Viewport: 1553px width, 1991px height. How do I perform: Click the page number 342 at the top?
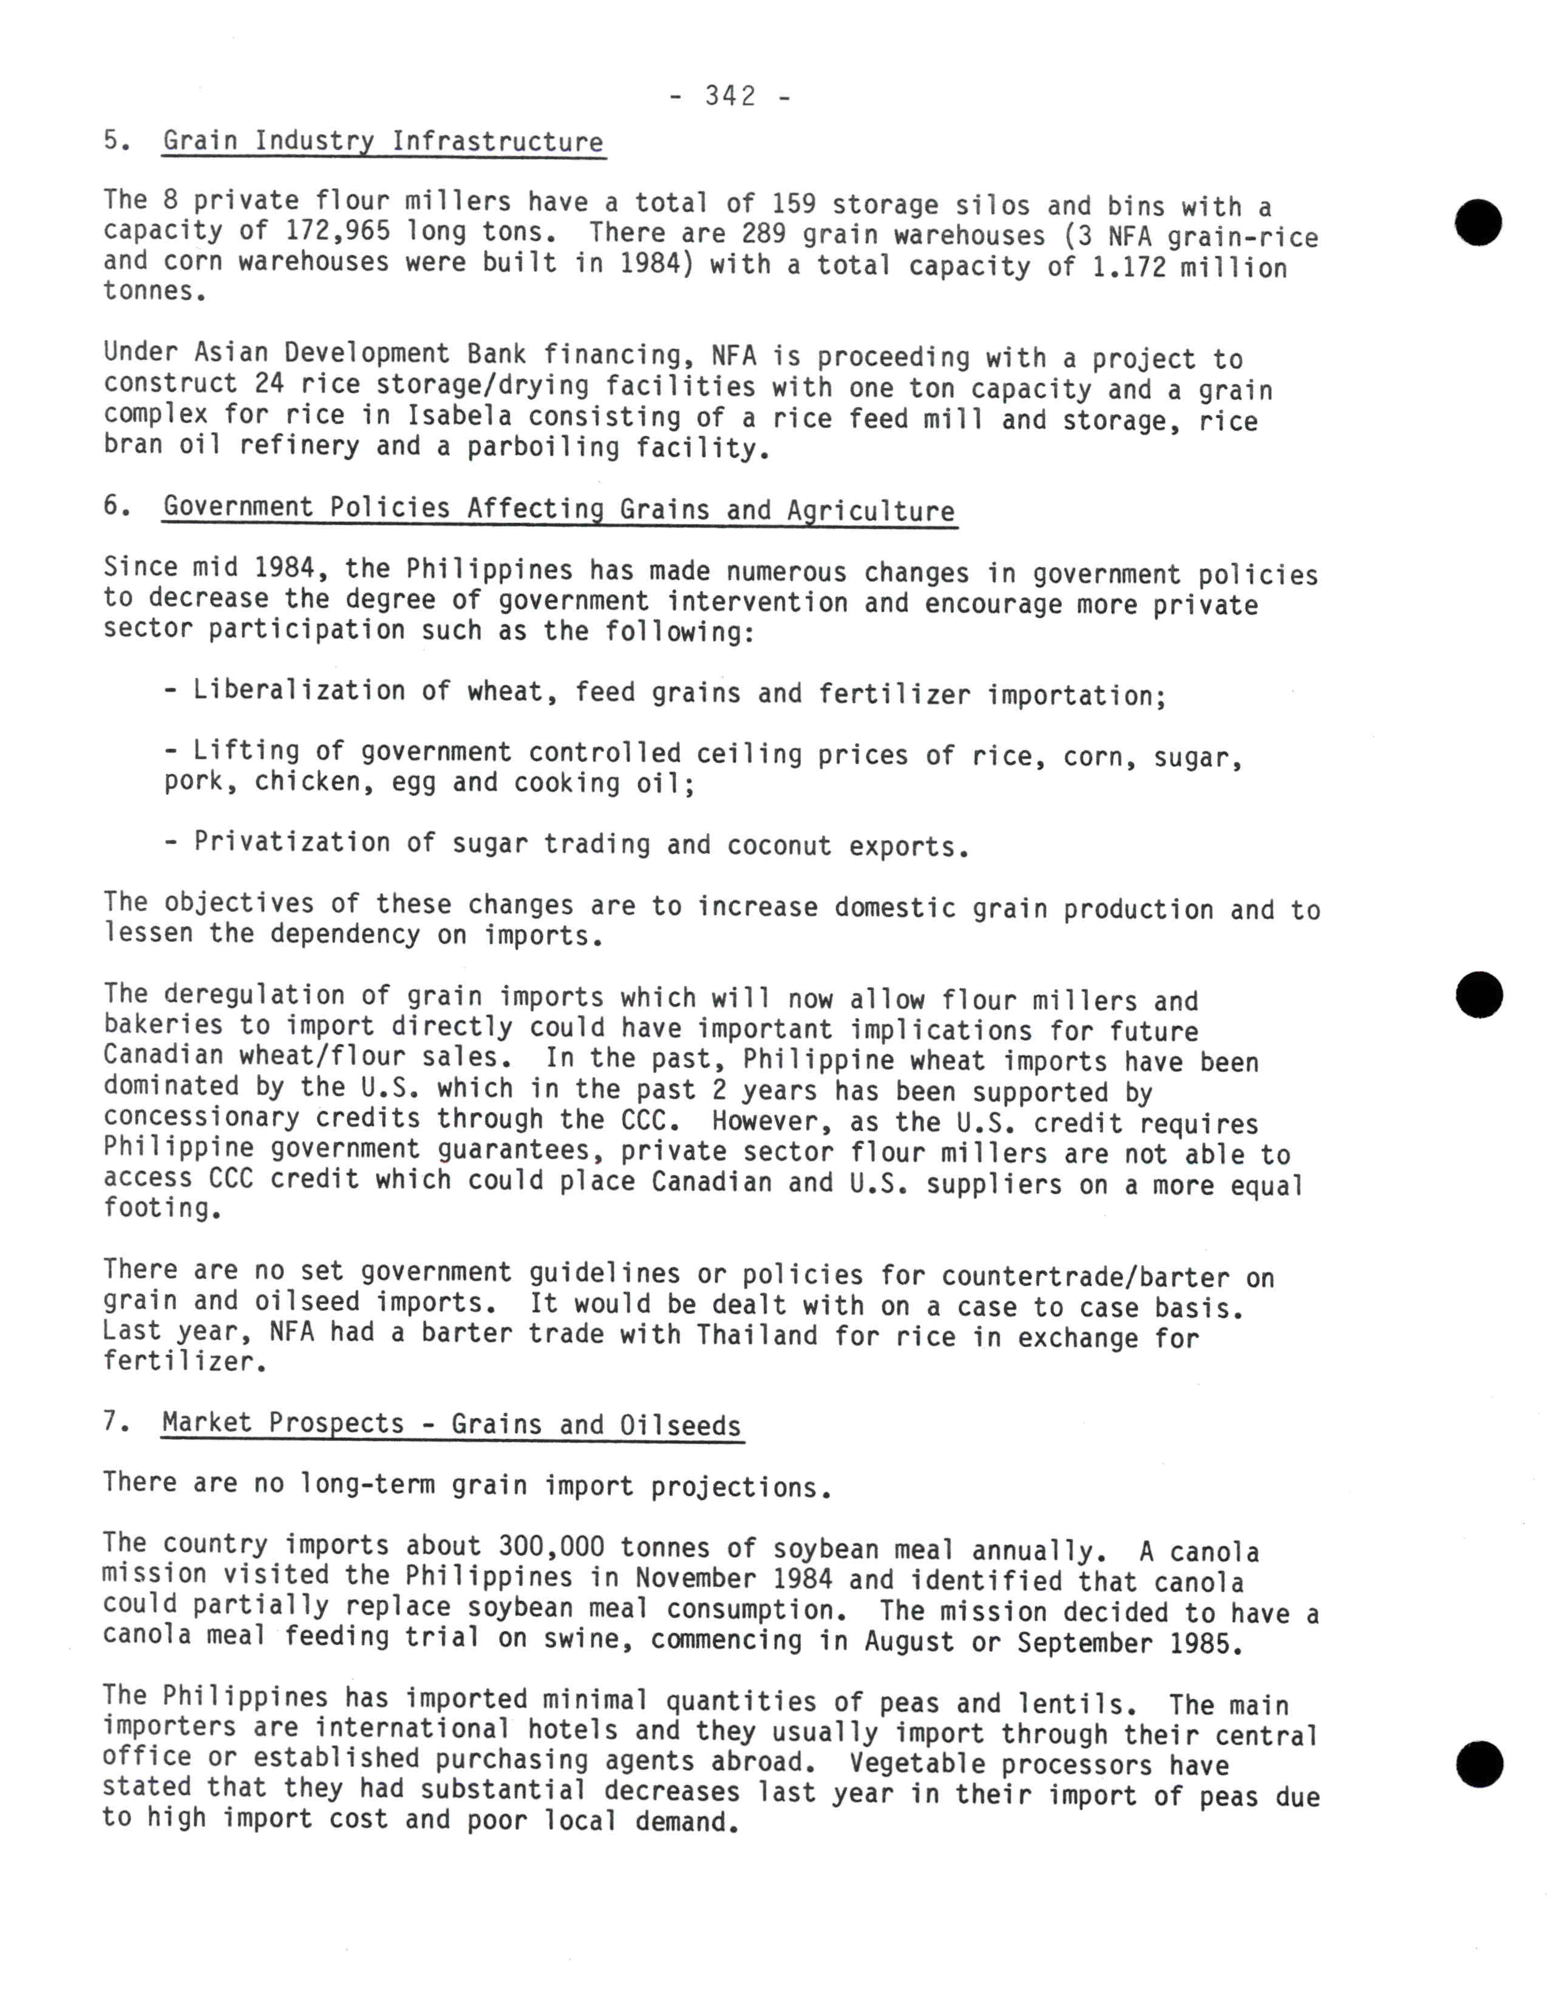tap(730, 96)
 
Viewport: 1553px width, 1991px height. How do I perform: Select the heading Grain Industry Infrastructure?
tap(383, 142)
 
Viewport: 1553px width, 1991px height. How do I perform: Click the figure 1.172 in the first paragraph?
tap(1129, 267)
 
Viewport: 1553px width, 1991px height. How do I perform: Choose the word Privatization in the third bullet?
tap(292, 842)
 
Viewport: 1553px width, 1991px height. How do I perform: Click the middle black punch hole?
tap(1478, 995)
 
